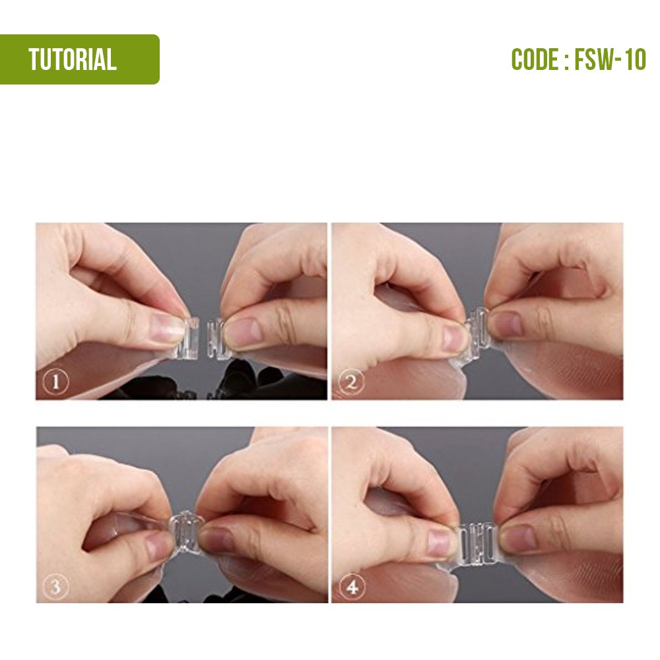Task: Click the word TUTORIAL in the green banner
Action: pos(73,59)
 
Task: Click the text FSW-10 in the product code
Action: pos(610,59)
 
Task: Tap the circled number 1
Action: pos(55,382)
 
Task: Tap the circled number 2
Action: pos(350,382)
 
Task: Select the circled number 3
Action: pos(55,586)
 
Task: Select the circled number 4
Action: pos(352,586)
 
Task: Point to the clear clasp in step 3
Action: pos(185,531)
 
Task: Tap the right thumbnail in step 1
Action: pos(243,334)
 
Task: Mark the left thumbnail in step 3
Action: pos(158,548)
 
